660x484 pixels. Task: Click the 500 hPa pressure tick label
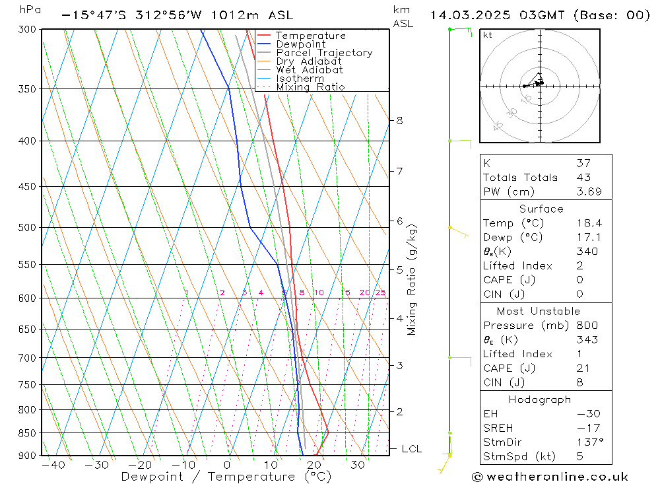(27, 227)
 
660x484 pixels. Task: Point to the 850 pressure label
(27, 433)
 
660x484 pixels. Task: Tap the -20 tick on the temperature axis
(140, 465)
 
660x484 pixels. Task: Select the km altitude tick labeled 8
(399, 120)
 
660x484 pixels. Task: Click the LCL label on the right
(411, 449)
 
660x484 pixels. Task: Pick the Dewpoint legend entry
(300, 44)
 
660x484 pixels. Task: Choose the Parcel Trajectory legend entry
(323, 53)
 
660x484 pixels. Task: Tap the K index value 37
(583, 163)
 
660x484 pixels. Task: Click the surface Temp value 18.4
(589, 223)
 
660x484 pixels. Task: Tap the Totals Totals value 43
(583, 178)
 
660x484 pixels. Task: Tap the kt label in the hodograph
(487, 35)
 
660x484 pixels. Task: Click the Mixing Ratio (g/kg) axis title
(412, 279)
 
